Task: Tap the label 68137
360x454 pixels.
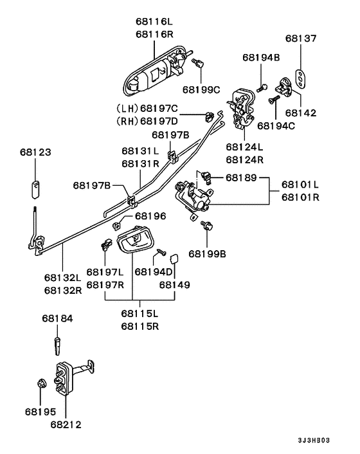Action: point(301,39)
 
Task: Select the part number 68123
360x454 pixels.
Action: point(35,153)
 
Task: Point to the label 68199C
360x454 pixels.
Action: point(201,89)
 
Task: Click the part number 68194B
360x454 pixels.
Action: point(261,57)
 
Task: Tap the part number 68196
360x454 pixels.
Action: point(150,216)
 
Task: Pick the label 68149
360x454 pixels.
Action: point(175,284)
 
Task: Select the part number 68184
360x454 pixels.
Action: point(58,318)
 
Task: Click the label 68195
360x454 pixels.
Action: point(41,411)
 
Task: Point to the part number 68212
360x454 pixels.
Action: point(66,424)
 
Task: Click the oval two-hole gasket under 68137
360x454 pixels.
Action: point(301,77)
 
